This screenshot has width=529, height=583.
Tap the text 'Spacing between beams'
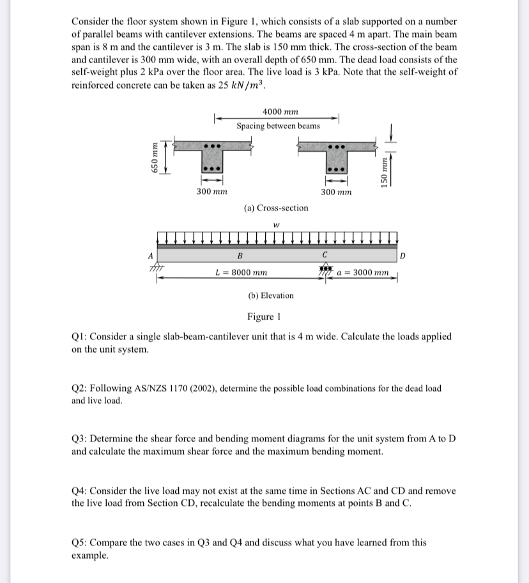(278, 126)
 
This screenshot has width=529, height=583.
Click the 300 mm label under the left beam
(210, 191)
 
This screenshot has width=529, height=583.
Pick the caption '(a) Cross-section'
(276, 208)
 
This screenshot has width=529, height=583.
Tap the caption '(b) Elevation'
(271, 295)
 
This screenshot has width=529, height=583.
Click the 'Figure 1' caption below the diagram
(264, 317)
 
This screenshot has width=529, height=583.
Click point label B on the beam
(240, 256)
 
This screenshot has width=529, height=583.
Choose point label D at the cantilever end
(401, 256)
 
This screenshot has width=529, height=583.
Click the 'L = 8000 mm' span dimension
(241, 272)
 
